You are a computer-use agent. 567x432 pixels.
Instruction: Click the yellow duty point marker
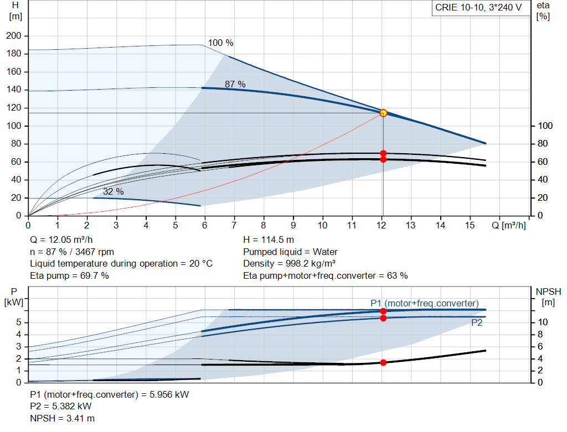[383, 113]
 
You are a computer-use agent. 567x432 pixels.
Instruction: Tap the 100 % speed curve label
[220, 43]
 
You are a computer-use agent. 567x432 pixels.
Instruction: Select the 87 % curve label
[235, 84]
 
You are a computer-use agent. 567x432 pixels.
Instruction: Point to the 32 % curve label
[113, 191]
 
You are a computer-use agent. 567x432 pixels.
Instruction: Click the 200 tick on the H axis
[14, 36]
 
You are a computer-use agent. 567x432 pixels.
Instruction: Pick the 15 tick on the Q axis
[470, 225]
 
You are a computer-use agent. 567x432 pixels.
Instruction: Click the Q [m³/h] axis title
[509, 225]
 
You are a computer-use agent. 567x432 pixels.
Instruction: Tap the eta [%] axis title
[543, 11]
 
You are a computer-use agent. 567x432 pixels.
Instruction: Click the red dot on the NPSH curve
[383, 362]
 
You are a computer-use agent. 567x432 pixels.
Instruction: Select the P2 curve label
[477, 323]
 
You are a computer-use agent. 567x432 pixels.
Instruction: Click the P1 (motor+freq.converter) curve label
[425, 304]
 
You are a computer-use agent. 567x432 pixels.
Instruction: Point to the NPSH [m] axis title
[548, 297]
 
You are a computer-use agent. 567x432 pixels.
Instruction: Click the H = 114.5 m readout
[269, 240]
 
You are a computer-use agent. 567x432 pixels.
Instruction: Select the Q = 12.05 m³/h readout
[61, 240]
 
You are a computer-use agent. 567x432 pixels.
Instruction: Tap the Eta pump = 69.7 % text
[69, 276]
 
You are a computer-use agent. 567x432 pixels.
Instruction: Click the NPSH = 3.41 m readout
[62, 418]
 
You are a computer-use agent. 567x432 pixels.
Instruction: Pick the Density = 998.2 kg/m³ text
[289, 264]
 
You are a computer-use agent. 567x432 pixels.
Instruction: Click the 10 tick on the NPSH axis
[543, 322]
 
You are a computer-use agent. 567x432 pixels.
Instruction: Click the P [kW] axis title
[14, 297]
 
